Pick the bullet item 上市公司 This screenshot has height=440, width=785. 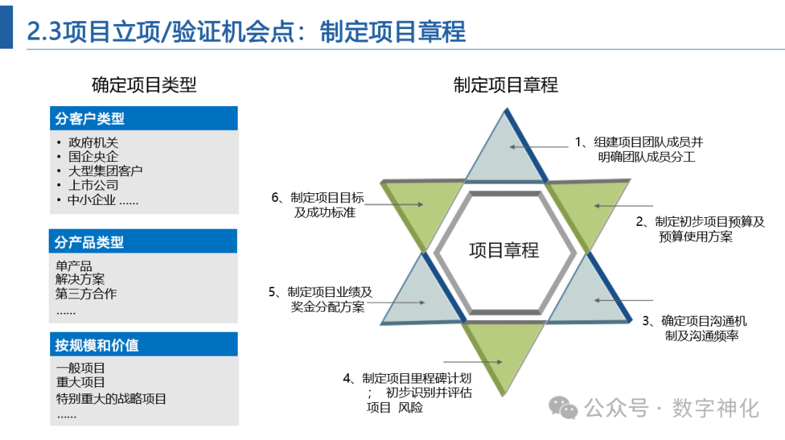pos(93,185)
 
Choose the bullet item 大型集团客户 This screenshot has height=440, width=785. pos(105,171)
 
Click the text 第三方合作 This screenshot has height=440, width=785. pos(86,294)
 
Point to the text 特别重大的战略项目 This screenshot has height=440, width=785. pos(111,398)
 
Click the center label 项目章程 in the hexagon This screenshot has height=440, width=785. pos(504,250)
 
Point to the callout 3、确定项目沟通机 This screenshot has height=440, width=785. pos(694,321)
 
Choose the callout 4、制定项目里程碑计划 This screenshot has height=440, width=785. pos(408,378)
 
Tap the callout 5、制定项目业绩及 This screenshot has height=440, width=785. pos(320,292)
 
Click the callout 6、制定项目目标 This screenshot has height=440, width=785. pos(318,197)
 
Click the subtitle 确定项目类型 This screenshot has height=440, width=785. pos(144,85)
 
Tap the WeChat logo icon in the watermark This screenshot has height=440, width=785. pos(563,407)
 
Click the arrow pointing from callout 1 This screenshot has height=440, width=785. pos(539,146)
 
